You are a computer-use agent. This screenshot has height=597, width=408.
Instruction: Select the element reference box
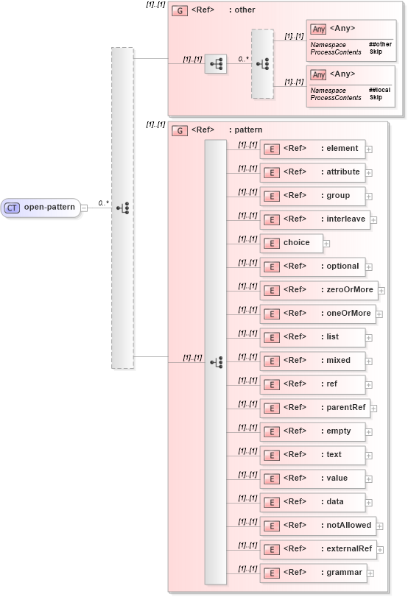tap(312, 149)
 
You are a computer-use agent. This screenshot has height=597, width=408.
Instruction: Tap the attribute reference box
tap(312, 172)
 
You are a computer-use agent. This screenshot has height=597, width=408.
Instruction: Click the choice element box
tap(290, 243)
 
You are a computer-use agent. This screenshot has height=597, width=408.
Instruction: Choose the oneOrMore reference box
tap(317, 314)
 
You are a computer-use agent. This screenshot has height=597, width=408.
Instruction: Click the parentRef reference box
tap(314, 408)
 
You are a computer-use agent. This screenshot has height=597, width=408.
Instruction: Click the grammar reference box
tap(313, 573)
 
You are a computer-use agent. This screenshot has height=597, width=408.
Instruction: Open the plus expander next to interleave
tap(373, 219)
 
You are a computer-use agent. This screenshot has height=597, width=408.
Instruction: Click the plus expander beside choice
tap(326, 243)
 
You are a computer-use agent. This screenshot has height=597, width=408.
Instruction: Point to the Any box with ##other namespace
tap(351, 40)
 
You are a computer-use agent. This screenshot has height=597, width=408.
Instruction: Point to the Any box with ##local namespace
tap(351, 85)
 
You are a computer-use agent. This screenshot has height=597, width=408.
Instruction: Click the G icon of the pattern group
tap(178, 130)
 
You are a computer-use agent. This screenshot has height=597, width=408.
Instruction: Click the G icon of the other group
tap(178, 10)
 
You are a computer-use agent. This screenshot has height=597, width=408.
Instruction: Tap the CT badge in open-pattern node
tap(12, 208)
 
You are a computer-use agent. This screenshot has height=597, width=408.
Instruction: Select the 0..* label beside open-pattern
tap(104, 202)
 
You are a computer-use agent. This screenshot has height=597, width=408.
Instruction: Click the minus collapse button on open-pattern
tap(84, 208)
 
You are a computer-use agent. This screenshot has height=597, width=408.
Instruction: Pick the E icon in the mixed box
tap(271, 361)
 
